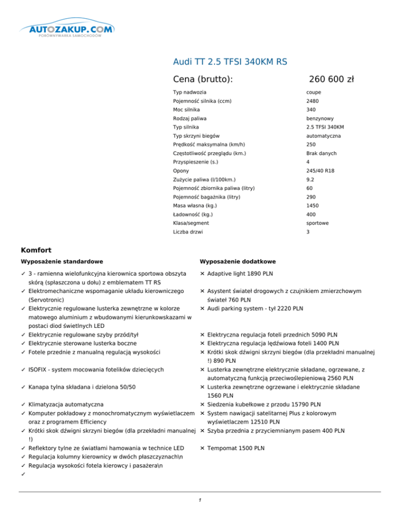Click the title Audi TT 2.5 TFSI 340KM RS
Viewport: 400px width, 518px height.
tap(230, 62)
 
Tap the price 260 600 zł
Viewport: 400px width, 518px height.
tap(331, 79)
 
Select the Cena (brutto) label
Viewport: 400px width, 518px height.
tap(203, 79)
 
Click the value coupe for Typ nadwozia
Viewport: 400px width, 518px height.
tap(314, 92)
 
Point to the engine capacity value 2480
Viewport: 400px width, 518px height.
tap(311, 101)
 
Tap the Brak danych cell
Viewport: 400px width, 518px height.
tap(321, 154)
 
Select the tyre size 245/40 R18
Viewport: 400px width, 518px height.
tap(320, 171)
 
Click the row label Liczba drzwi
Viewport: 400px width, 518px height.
tap(189, 232)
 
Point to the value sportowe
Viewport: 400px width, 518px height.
tap(317, 223)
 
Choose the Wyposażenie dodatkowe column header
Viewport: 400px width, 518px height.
tap(238, 261)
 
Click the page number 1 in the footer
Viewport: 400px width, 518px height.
tap(200, 500)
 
